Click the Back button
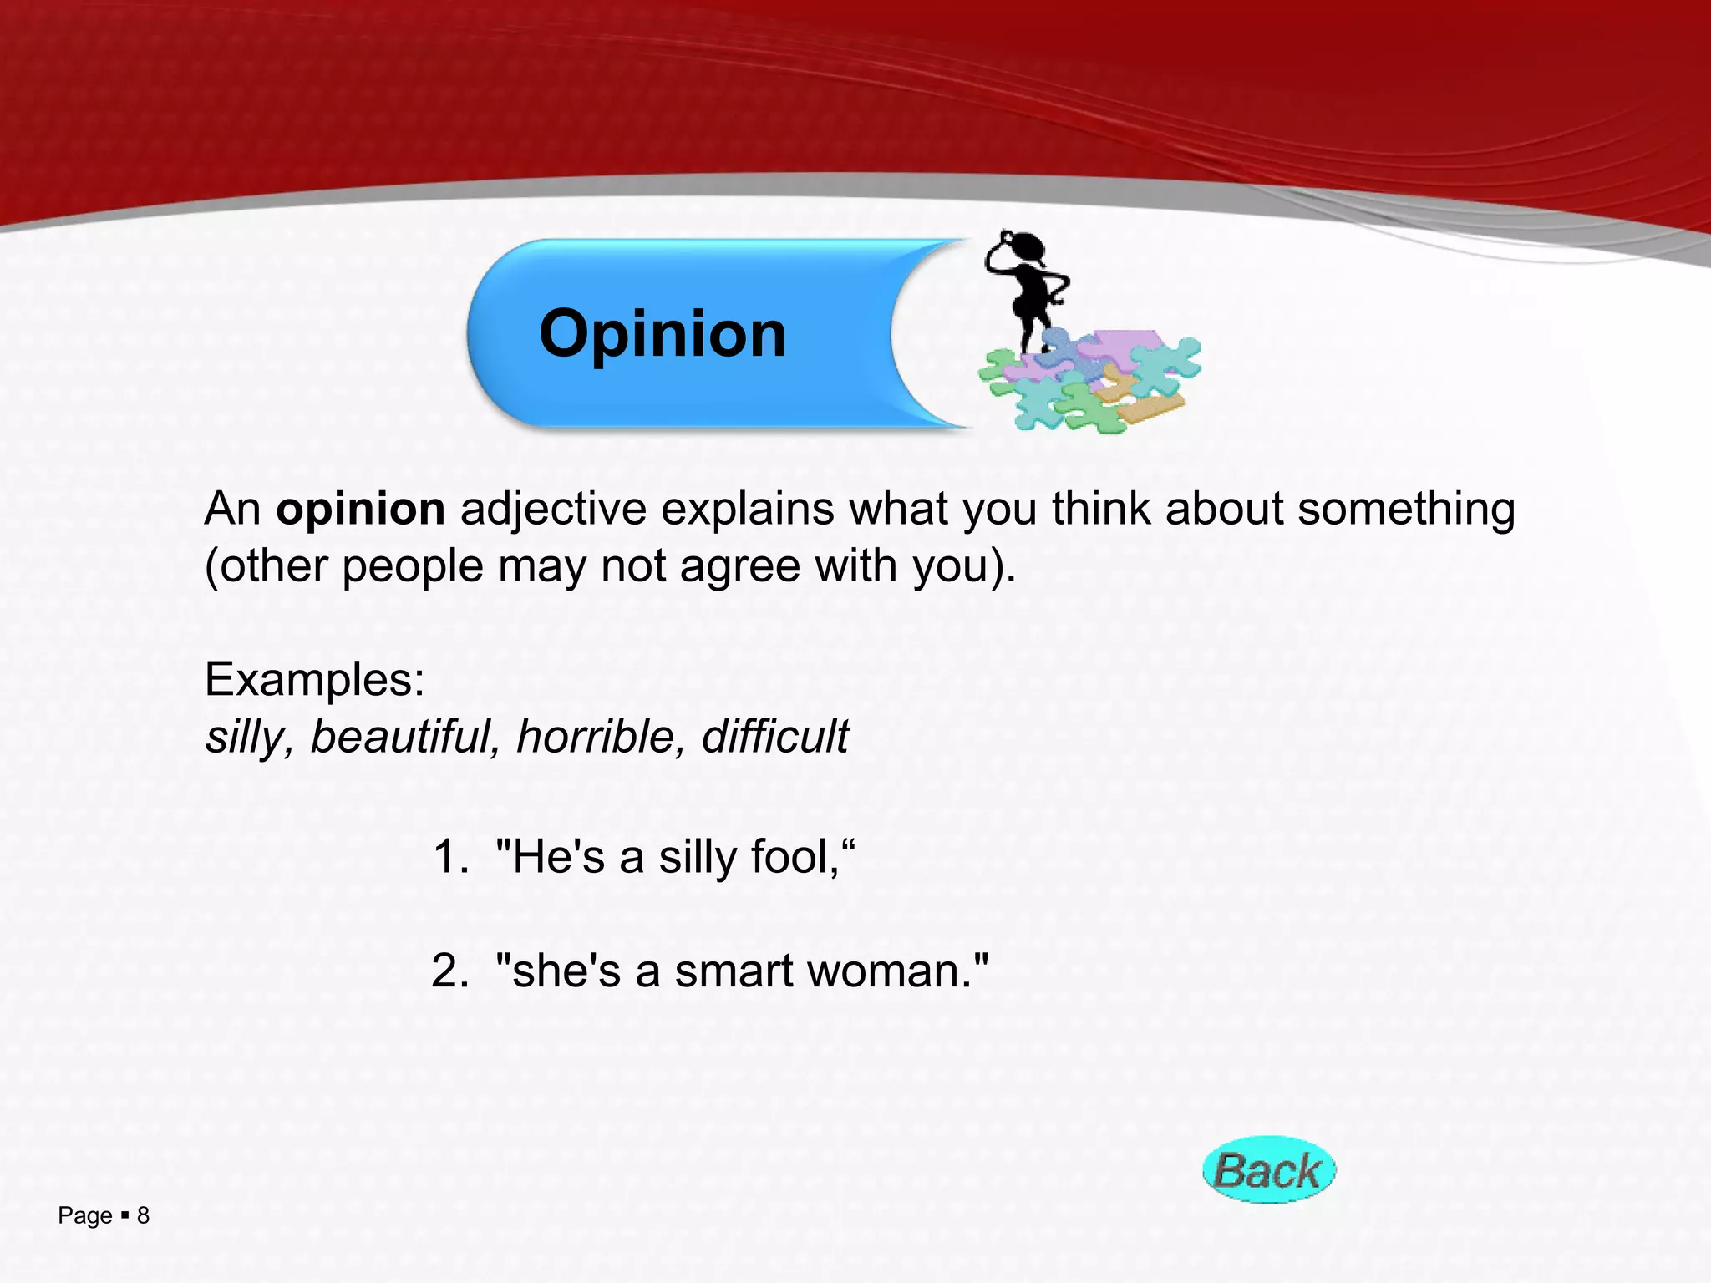(1268, 1170)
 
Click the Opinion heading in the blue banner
(663, 333)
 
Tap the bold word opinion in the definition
(360, 510)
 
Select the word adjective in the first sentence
(553, 510)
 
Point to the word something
(1406, 510)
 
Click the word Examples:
(315, 679)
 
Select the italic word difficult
(774, 737)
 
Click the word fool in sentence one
(794, 858)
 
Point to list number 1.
(450, 858)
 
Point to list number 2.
(450, 971)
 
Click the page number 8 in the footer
(143, 1215)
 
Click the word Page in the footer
(84, 1216)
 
